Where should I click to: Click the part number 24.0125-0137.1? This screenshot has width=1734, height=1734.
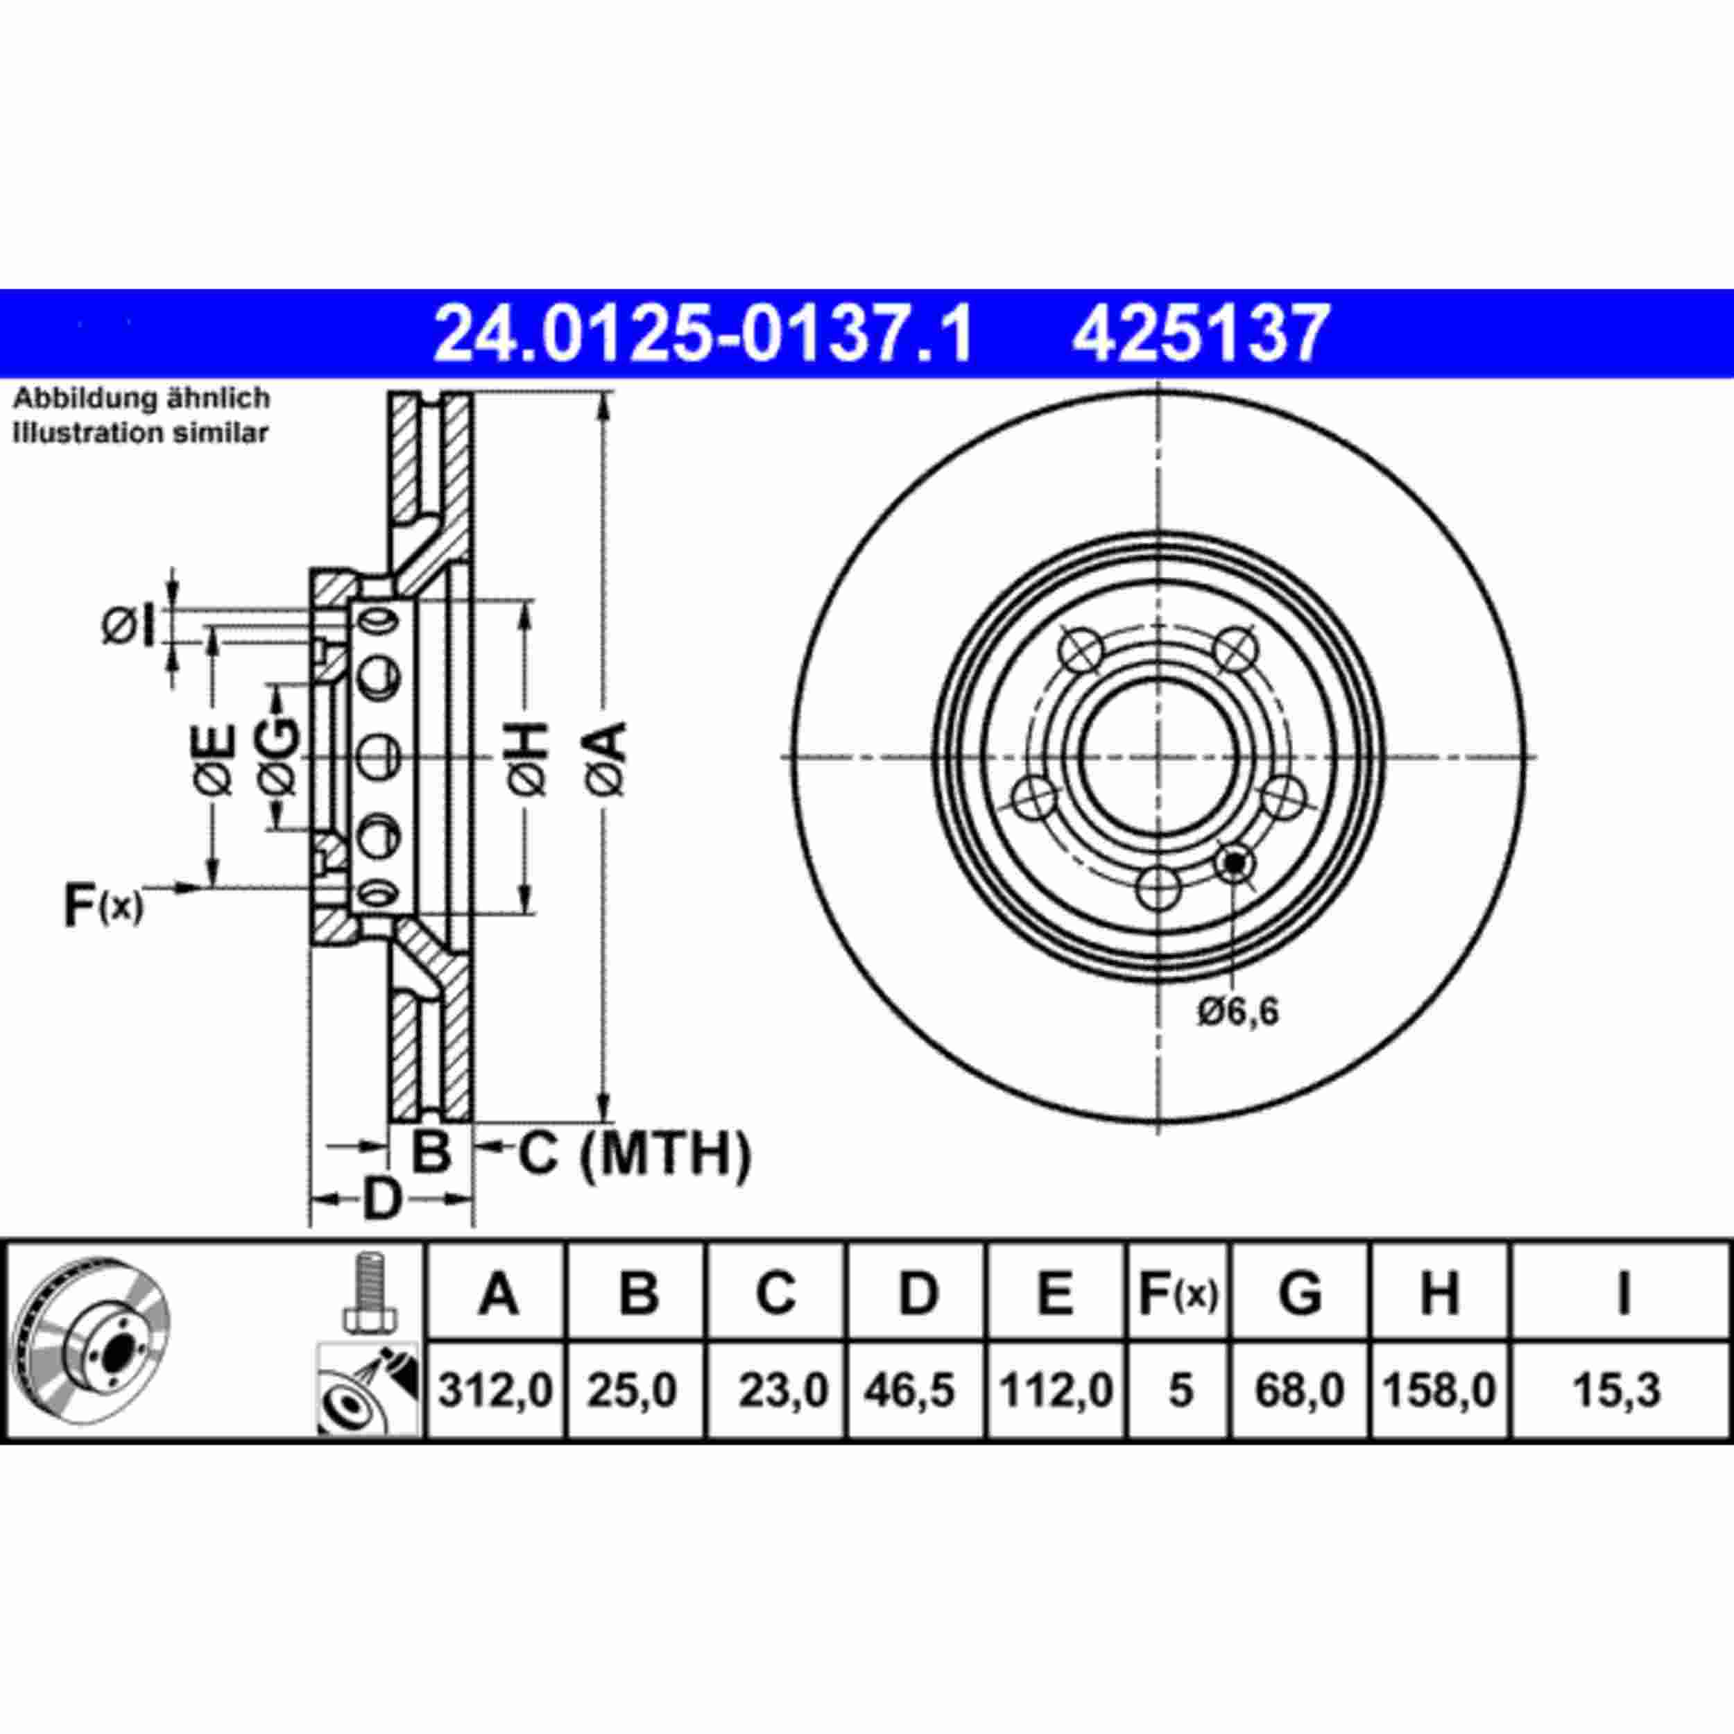point(703,334)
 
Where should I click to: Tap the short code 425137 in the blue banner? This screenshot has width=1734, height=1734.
point(1200,334)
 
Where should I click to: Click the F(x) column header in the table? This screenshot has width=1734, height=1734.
point(1178,1294)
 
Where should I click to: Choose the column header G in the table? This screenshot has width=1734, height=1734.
point(1300,1294)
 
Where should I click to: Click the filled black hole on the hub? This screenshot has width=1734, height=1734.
point(1235,864)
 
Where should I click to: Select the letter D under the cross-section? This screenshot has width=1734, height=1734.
point(381,1199)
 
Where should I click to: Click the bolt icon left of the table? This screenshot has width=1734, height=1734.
point(369,1291)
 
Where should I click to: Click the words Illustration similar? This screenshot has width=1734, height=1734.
point(140,433)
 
